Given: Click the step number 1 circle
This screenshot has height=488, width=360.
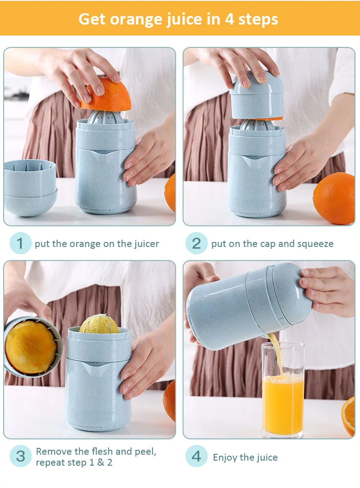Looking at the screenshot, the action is point(20,243).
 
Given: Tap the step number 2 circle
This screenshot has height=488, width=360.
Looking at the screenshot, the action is point(196,243).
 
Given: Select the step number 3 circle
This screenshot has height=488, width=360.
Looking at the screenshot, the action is point(20,456).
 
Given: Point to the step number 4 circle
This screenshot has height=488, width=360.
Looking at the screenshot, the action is point(196,456).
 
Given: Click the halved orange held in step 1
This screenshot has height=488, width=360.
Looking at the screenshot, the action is point(106,95).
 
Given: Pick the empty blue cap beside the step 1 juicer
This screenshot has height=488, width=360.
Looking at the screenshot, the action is point(30,187).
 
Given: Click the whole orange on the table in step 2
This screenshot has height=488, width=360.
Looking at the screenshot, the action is point(334,198).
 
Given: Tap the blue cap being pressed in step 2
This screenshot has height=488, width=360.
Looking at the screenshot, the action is point(257,95).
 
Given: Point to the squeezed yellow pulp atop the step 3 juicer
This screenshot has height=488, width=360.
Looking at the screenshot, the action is point(99,324).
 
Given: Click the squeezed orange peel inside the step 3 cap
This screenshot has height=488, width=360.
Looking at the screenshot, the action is point(31,347).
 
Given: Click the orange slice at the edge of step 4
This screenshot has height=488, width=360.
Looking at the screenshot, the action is point(348,416).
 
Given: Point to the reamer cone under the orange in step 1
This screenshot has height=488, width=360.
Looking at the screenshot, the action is point(105,118).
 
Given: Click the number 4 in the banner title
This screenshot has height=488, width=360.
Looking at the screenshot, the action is point(229,19).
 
